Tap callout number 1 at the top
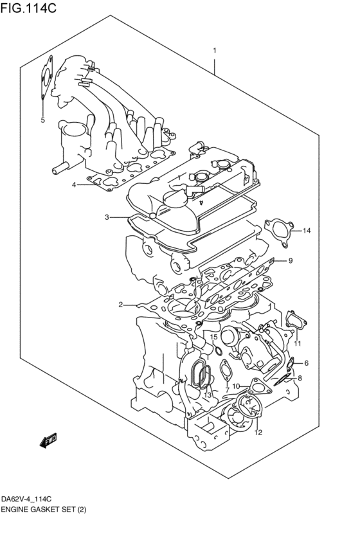tap(215, 50)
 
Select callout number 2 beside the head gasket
tap(120, 305)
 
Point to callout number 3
tap(107, 217)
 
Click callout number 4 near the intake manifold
tap(75, 184)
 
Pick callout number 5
tap(42, 120)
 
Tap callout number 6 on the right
tap(306, 363)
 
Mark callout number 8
tap(300, 379)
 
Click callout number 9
tap(290, 260)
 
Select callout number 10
tap(236, 386)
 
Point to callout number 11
tap(298, 344)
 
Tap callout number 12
tap(258, 433)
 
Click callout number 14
tap(307, 230)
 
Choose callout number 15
tap(214, 337)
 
